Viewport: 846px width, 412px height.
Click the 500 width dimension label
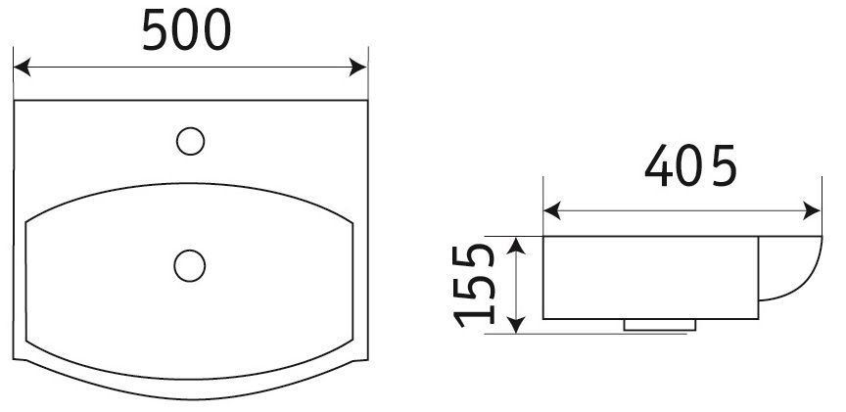pos(188,33)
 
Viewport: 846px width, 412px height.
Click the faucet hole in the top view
pos(190,142)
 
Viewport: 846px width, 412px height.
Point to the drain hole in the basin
pos(188,263)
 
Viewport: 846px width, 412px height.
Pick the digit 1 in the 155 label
pos(477,313)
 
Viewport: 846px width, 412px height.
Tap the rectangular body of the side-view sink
pos(651,279)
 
